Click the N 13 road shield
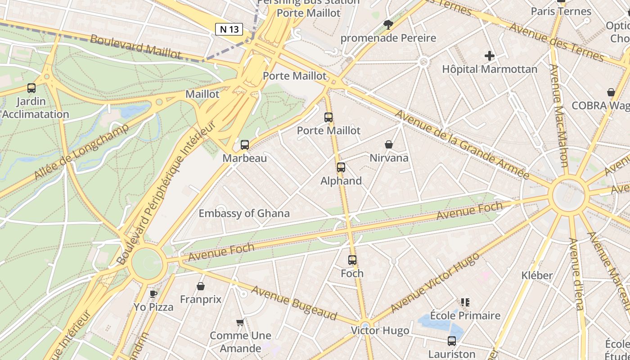pos(229,30)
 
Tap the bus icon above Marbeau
pos(245,145)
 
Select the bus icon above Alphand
pos(341,167)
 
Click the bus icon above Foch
pos(352,260)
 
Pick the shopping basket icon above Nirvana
pos(389,144)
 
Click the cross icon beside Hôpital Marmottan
pos(490,56)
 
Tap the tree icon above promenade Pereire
pos(388,24)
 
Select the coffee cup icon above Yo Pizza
pos(153,294)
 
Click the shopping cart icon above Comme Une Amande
pos(240,322)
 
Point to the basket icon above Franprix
pos(201,286)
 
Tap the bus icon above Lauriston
pos(452,341)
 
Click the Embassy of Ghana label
pos(244,213)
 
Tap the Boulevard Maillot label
pos(135,46)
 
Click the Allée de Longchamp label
pos(81,151)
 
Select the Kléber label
pos(537,275)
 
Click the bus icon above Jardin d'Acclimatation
pos(31,88)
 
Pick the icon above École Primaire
pos(465,302)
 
